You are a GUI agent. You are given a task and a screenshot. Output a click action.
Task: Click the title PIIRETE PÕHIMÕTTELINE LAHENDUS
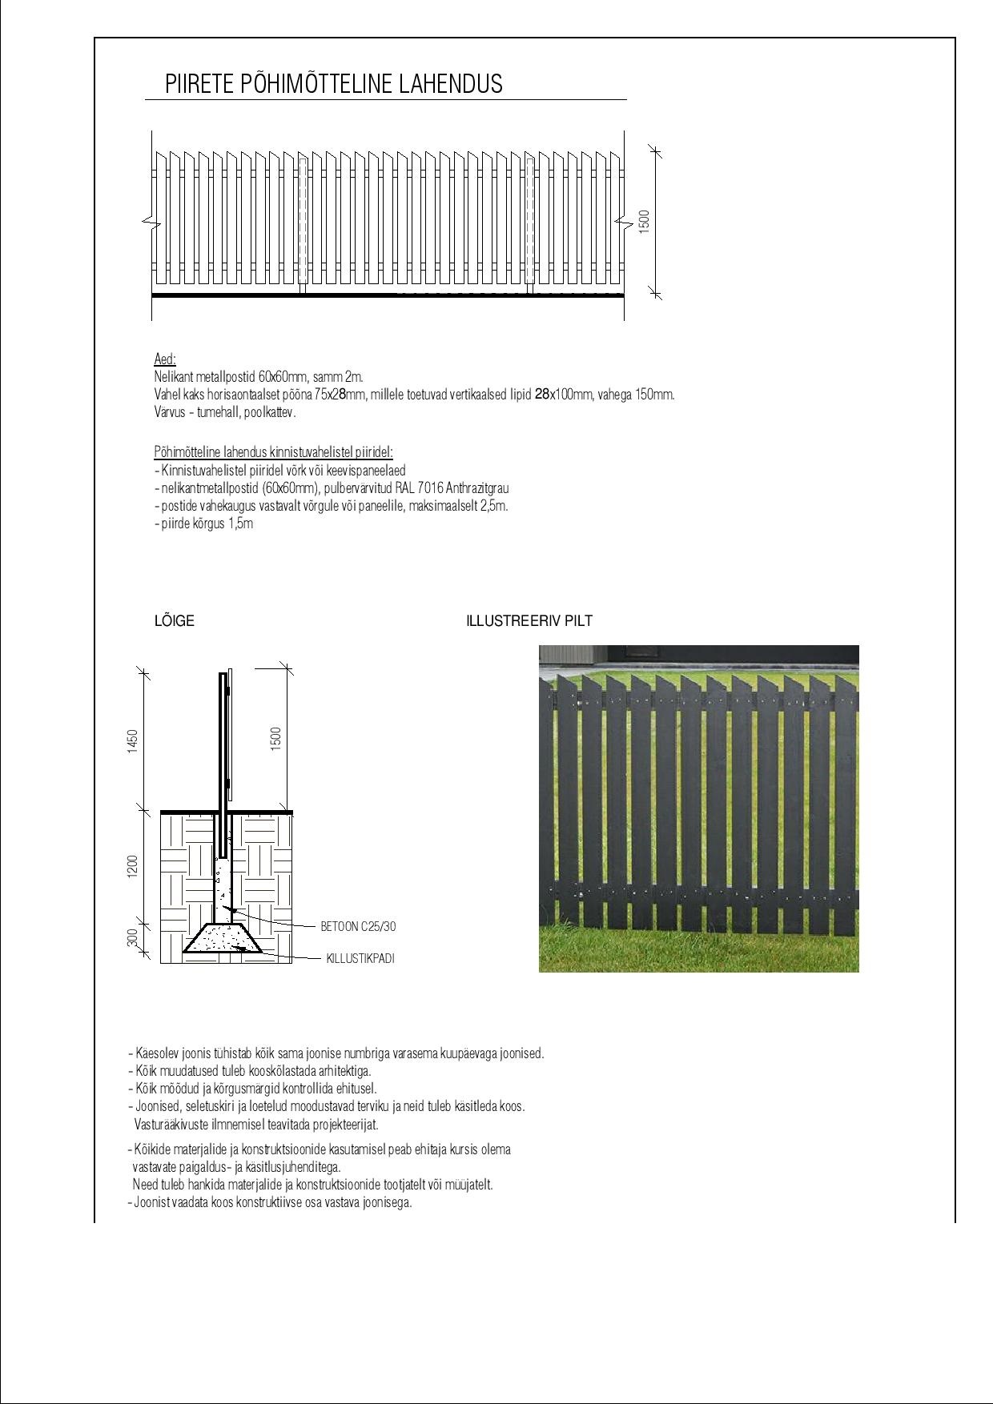(x=333, y=84)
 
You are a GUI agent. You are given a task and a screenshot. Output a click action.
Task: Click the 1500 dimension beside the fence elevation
(x=645, y=222)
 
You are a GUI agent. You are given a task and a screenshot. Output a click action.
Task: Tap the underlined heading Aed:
(x=165, y=359)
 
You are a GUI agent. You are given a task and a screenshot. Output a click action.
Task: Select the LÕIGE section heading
(x=174, y=621)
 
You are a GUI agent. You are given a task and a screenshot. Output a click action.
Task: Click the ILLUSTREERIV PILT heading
(x=529, y=621)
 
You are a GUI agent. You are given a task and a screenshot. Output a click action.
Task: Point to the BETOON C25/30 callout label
(x=358, y=927)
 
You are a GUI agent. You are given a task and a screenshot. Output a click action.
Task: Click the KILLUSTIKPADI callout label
(x=360, y=958)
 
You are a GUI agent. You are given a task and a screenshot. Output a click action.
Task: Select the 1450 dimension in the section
(x=133, y=740)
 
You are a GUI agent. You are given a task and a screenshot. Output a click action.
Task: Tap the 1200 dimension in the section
(x=133, y=866)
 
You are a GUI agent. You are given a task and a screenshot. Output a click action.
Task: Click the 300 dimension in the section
(x=133, y=937)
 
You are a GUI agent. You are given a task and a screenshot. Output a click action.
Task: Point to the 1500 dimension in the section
(x=276, y=738)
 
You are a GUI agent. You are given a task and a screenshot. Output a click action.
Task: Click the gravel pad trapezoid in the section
(x=222, y=939)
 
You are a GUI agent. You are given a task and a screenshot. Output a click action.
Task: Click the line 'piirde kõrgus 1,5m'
(x=204, y=524)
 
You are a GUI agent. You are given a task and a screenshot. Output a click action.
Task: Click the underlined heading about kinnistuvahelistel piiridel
(x=273, y=452)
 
